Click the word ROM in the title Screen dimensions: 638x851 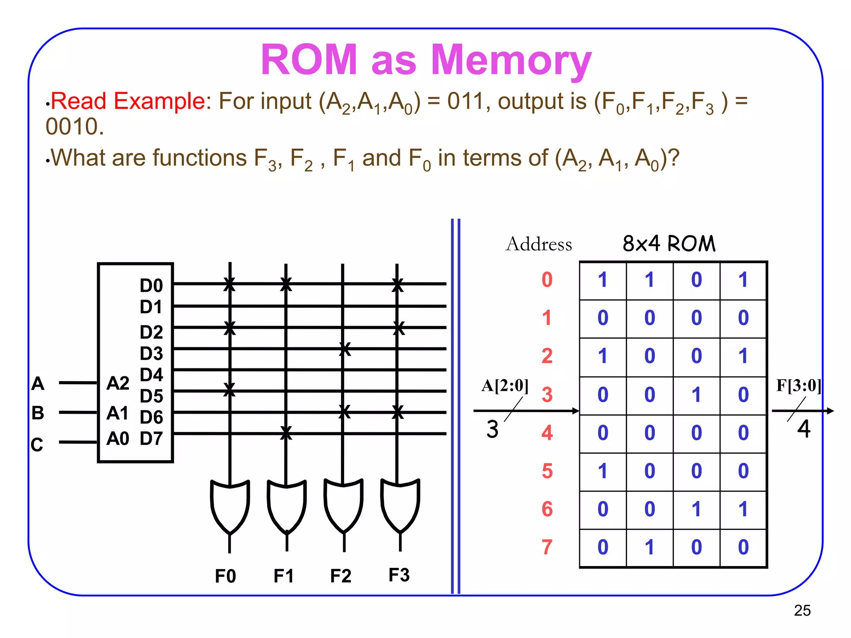click(x=309, y=60)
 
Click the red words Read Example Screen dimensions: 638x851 click(x=128, y=101)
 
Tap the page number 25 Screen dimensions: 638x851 click(x=802, y=610)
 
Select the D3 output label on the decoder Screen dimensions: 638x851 click(x=151, y=353)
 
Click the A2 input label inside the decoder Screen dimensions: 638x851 click(x=118, y=383)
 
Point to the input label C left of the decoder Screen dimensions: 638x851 click(x=37, y=445)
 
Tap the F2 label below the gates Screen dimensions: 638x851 click(x=341, y=576)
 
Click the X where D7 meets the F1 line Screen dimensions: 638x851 click(x=286, y=433)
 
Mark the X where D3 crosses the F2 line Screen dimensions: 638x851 click(x=344, y=349)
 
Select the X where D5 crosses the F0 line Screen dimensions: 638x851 click(x=229, y=390)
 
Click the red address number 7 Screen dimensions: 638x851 click(x=547, y=547)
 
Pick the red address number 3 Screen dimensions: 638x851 click(x=547, y=395)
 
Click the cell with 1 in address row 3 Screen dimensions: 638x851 click(x=696, y=395)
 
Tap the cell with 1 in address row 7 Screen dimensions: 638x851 click(x=649, y=547)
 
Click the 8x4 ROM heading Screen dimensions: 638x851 click(x=669, y=243)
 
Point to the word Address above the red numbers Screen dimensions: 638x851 click(x=539, y=244)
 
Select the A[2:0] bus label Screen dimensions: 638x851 click(x=504, y=385)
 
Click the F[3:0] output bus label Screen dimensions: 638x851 click(x=798, y=385)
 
